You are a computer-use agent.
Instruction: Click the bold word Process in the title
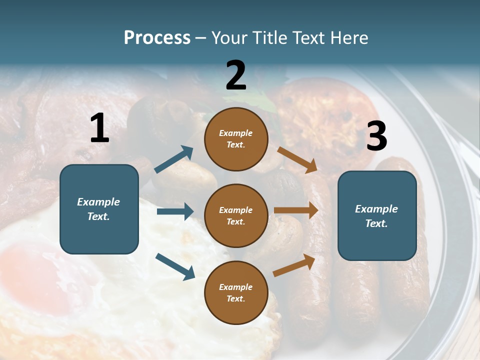click(x=157, y=38)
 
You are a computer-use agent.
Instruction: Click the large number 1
click(x=99, y=128)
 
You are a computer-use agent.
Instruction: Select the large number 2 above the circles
click(x=236, y=75)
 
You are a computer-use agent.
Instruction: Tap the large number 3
click(x=376, y=136)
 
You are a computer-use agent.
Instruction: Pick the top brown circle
click(x=236, y=139)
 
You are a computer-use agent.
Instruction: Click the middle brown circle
click(x=236, y=215)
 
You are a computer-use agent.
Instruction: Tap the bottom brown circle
click(x=236, y=292)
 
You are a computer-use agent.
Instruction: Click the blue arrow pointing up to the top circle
click(x=174, y=159)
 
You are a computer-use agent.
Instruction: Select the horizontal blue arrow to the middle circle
click(x=175, y=211)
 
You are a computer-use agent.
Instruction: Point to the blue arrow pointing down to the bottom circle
click(x=175, y=266)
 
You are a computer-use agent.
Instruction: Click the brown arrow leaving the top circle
click(x=297, y=159)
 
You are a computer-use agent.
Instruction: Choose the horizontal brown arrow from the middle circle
click(x=296, y=210)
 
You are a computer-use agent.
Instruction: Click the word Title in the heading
click(x=271, y=38)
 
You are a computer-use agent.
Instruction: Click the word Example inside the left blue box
click(x=98, y=202)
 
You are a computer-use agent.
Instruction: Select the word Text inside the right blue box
click(x=376, y=223)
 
